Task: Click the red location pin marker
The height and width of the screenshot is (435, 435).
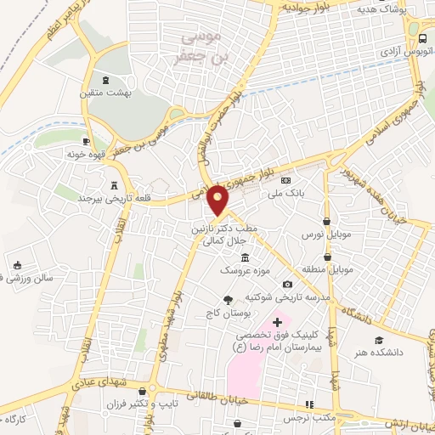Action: click(219, 199)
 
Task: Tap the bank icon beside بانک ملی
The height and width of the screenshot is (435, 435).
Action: click(285, 180)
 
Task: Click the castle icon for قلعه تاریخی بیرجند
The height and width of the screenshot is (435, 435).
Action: click(114, 184)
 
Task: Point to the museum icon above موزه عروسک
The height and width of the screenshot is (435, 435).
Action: click(246, 257)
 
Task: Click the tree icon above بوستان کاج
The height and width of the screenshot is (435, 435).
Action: click(227, 299)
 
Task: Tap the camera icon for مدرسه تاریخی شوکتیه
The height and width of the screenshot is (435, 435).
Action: click(287, 284)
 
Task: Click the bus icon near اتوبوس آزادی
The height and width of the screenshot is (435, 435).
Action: click(423, 39)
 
